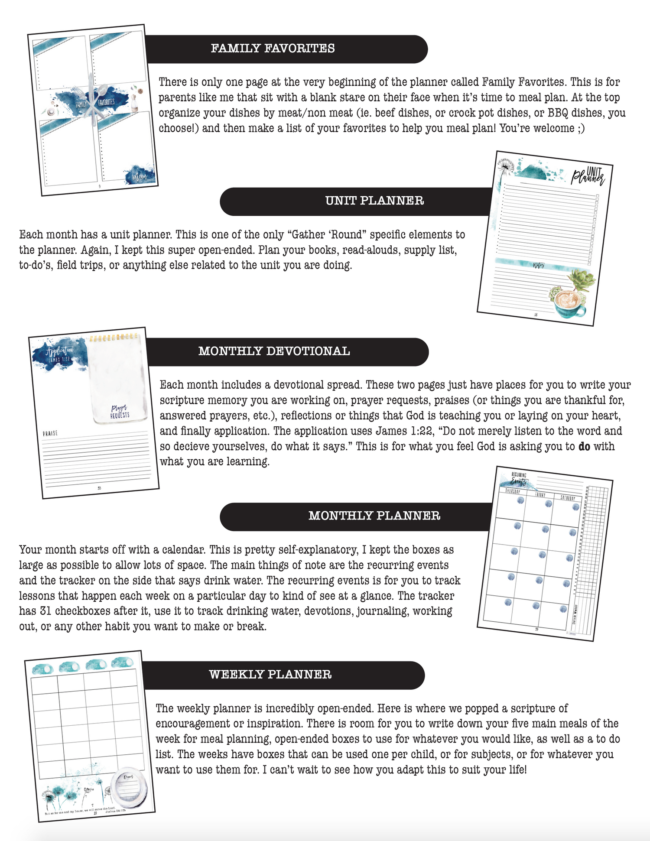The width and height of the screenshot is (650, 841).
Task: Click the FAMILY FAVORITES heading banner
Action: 273,49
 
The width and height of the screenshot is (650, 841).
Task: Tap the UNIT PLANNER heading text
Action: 374,201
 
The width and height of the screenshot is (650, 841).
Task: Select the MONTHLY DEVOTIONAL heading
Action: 274,351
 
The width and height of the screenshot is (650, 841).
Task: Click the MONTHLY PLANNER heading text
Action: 374,516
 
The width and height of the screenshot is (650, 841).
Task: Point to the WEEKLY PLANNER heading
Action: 270,674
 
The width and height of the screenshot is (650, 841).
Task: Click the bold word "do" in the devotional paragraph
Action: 584,446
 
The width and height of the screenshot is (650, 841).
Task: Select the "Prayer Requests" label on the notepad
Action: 120,412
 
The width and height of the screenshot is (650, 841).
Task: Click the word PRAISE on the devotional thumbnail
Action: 50,433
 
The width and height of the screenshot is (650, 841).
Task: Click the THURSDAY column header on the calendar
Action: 513,491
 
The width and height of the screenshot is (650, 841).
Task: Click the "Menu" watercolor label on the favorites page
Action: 140,175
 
